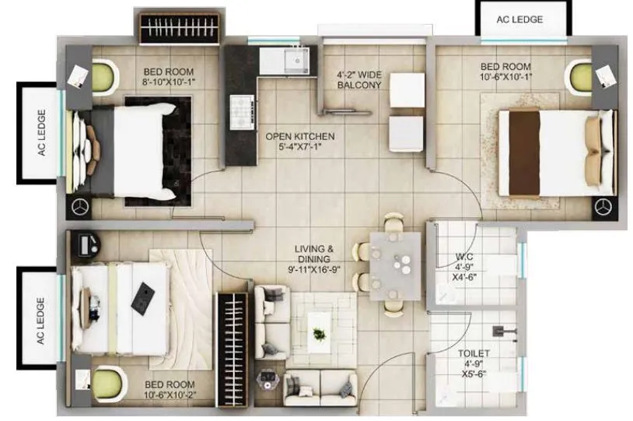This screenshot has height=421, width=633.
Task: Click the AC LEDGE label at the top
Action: [x=520, y=19]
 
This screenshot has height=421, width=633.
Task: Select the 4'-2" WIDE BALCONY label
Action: [x=358, y=80]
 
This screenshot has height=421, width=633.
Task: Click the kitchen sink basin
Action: [x=296, y=59]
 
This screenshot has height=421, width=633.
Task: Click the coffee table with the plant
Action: [x=319, y=333]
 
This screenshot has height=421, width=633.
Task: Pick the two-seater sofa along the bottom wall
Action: [x=320, y=388]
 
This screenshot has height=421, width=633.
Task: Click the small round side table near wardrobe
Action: [x=268, y=379]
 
